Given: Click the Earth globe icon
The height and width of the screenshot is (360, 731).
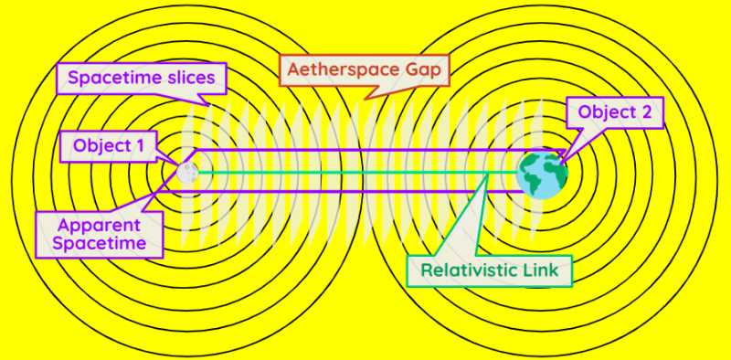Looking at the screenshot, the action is [542, 174].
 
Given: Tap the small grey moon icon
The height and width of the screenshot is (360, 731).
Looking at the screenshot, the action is [187, 171].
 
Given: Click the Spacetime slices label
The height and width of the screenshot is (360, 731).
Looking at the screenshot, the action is [141, 77].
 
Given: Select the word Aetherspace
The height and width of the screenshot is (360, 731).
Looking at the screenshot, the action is [339, 69].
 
